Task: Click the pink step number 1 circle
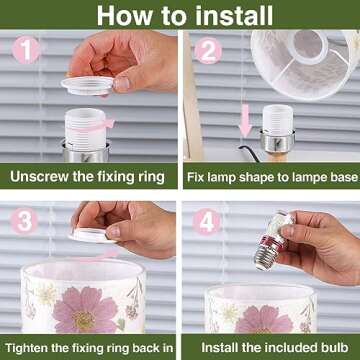point(26,50)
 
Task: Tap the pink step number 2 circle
point(208,51)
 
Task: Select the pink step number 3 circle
point(24,221)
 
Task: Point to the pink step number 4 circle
point(206,222)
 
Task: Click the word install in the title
point(234,15)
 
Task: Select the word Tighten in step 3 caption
point(26,348)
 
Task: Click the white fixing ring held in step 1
point(88,86)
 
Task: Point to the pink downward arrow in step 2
point(246,120)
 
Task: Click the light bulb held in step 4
point(274,241)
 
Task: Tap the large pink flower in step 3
point(84,309)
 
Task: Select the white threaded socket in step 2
point(278,120)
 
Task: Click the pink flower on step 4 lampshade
point(263,321)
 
